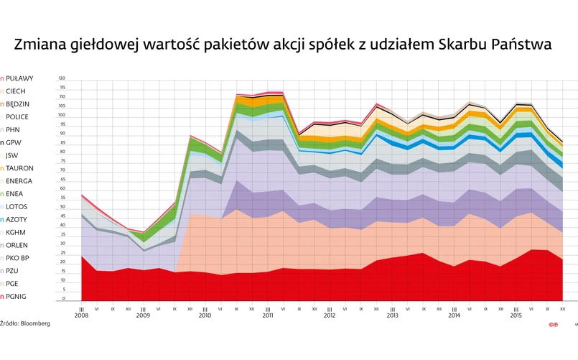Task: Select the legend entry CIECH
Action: coord(16,91)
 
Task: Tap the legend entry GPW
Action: coord(14,142)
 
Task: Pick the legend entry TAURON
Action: coord(19,168)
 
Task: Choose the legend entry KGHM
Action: coord(16,232)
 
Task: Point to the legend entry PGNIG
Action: coord(17,296)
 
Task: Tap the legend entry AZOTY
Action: coord(17,219)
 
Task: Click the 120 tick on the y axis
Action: coord(62,78)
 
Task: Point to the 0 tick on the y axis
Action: coord(63,298)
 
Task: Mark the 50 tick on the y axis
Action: coord(62,207)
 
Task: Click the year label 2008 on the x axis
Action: coord(81,315)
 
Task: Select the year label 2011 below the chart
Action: coord(267,315)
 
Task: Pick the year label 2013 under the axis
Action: coord(392,315)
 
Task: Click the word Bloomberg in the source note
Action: coord(35,325)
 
